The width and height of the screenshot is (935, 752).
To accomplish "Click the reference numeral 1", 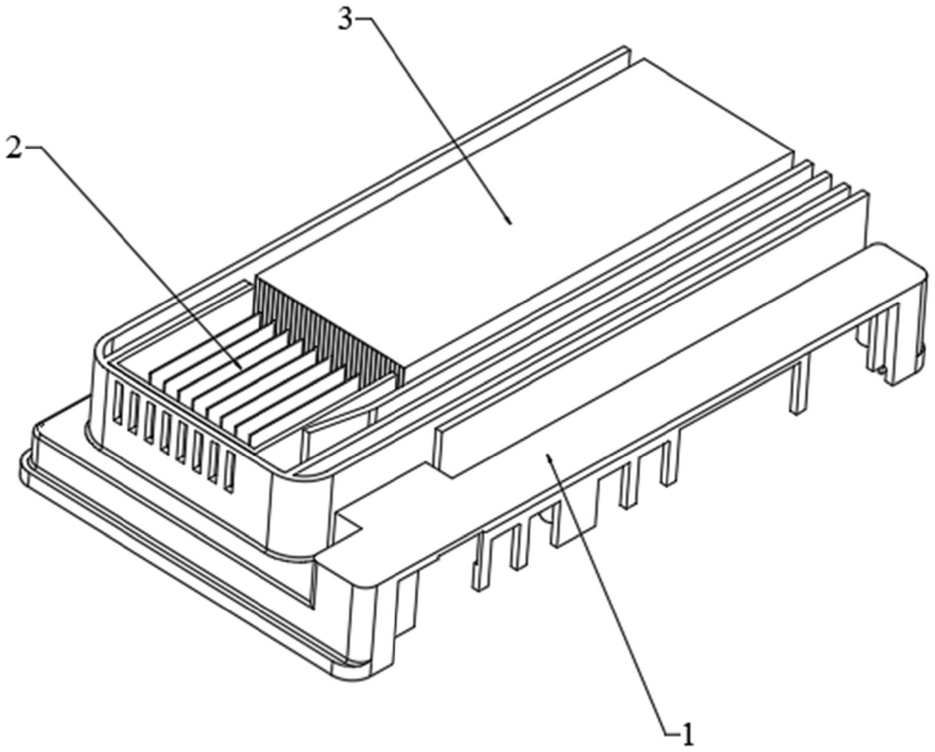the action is click(x=688, y=735).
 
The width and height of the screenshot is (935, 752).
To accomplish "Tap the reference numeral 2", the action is click(x=13, y=147).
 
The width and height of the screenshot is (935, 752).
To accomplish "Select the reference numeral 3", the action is click(x=344, y=19).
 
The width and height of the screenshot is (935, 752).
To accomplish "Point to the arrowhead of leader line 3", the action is click(x=511, y=223).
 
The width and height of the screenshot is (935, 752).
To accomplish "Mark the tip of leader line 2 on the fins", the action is click(x=241, y=368).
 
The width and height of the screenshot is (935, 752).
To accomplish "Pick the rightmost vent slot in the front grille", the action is click(x=229, y=471).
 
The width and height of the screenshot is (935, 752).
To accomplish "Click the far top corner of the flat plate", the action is click(x=644, y=59).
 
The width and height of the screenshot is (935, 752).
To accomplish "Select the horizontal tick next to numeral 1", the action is click(x=672, y=734).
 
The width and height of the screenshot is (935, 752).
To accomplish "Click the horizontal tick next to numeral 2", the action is click(x=33, y=147).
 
